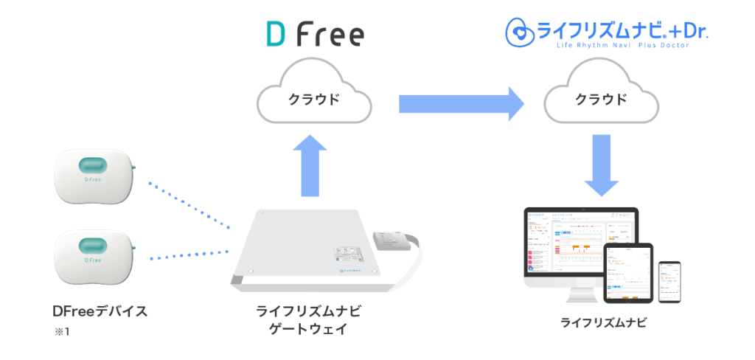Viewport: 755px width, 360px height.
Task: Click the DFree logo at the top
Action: tap(314, 35)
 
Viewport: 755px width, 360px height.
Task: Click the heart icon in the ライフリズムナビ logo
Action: tap(519, 32)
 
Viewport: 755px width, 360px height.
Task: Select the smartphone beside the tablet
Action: tap(669, 280)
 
